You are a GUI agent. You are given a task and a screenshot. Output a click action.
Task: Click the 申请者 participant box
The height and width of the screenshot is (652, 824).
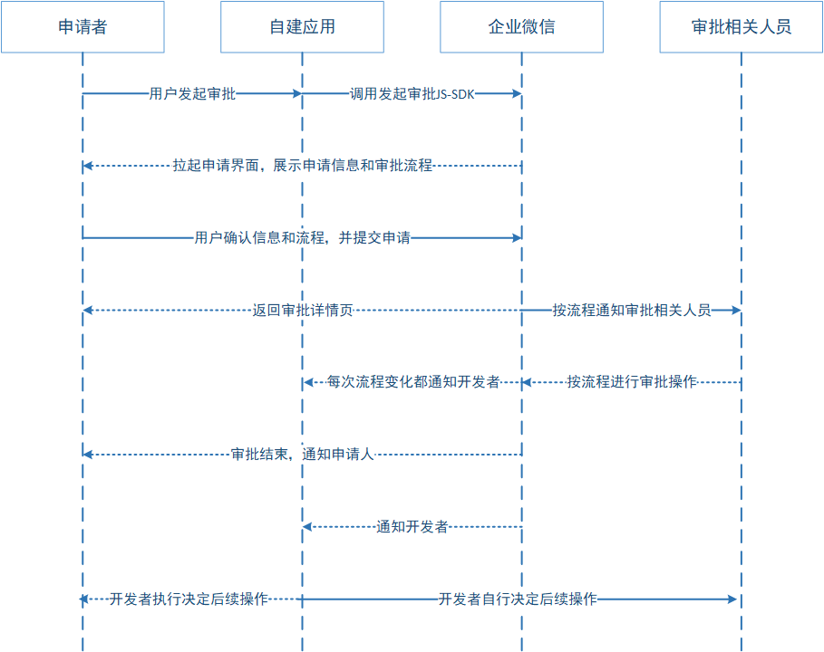click(82, 27)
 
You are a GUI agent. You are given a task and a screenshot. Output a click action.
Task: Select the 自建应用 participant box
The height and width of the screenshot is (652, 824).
click(302, 27)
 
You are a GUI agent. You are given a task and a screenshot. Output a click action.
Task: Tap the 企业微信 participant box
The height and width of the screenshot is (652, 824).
click(521, 27)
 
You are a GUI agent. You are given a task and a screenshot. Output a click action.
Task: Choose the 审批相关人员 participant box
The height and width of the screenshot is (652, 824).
click(741, 27)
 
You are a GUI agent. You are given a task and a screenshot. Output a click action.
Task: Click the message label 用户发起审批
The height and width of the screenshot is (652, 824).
click(192, 93)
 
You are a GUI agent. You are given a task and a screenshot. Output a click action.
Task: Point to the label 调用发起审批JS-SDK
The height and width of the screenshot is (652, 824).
click(412, 93)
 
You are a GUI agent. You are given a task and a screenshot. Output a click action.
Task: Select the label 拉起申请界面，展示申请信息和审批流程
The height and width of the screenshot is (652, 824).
click(303, 166)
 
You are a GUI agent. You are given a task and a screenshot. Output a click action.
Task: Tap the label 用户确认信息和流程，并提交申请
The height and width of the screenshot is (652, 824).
click(303, 238)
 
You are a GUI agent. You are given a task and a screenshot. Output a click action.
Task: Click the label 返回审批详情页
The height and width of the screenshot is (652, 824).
click(303, 311)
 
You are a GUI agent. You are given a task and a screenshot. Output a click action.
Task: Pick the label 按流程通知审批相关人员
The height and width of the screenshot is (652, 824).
click(632, 311)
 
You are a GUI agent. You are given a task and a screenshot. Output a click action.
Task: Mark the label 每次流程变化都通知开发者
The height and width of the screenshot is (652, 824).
click(413, 382)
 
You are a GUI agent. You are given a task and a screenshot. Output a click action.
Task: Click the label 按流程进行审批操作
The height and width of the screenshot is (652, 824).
click(632, 382)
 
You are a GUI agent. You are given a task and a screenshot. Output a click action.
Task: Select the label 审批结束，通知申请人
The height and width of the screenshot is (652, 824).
click(303, 455)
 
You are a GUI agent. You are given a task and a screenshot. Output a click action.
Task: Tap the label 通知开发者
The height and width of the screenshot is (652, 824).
click(412, 527)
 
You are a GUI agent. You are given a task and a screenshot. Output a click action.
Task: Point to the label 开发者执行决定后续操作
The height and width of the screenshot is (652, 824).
click(189, 599)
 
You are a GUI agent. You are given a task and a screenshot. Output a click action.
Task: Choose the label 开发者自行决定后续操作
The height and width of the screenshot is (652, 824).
click(518, 599)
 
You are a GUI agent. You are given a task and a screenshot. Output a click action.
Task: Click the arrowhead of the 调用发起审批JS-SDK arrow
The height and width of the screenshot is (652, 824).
click(517, 93)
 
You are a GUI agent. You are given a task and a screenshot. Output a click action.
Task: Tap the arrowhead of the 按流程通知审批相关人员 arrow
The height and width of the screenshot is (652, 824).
click(736, 311)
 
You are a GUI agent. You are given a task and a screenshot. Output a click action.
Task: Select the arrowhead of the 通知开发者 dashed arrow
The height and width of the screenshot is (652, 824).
click(307, 527)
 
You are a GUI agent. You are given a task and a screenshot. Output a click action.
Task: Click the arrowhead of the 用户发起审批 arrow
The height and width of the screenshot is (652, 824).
click(297, 93)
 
